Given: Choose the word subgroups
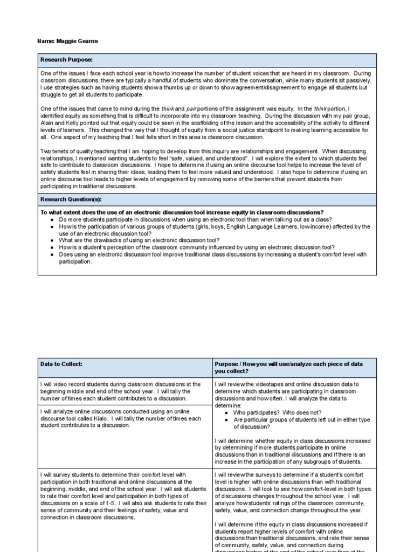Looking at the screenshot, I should coord(318,461).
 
